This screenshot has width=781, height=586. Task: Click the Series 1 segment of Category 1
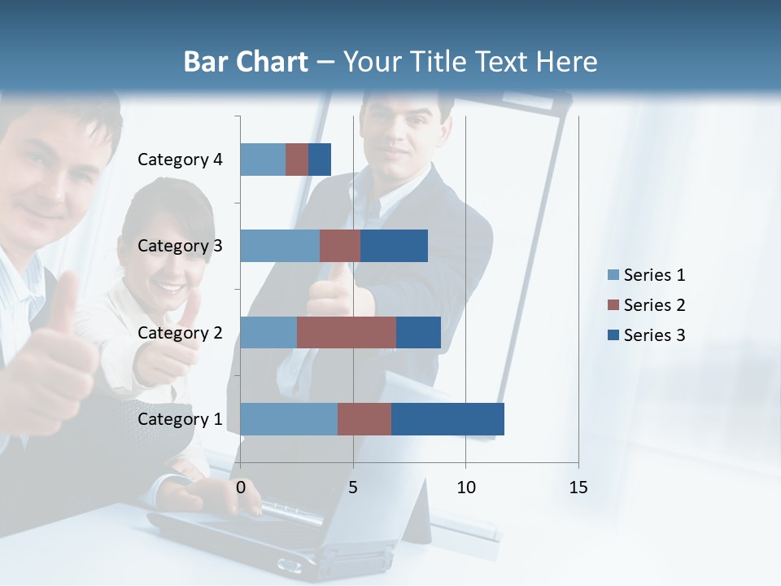289,419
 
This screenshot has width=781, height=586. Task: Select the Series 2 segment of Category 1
364,419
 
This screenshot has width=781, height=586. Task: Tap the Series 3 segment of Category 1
447,419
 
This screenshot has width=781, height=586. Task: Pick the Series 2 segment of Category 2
347,332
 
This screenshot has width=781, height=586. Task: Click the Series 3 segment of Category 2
418,332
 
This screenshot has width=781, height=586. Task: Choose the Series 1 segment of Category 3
280,246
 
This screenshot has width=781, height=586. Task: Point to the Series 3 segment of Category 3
394,246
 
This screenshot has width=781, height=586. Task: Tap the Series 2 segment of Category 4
297,160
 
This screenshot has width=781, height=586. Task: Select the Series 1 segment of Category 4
263,160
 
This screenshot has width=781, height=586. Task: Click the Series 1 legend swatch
613,275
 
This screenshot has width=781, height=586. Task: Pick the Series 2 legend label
654,305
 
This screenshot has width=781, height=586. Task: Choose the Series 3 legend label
654,335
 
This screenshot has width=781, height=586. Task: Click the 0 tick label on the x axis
241,488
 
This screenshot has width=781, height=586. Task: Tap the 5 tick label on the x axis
353,488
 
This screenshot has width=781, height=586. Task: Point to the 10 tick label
465,488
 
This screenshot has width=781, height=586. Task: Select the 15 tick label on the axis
578,488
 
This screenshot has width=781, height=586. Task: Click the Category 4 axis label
180,160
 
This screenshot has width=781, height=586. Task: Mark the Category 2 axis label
180,333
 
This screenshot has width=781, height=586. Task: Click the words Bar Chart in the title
246,62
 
